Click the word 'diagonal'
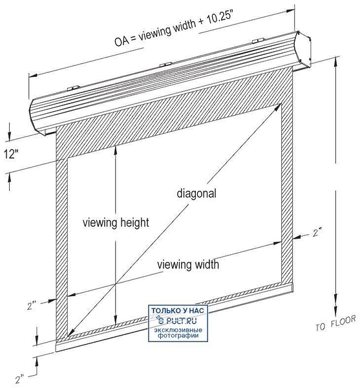coord(196,193)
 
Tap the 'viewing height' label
coord(116,222)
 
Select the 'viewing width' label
coord(188,264)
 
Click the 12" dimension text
coord(12,154)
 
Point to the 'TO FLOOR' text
coord(336,323)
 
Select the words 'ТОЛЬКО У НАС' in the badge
coord(178,310)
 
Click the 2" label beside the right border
coord(317,233)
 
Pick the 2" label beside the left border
coord(32,306)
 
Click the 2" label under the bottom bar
coord(20,379)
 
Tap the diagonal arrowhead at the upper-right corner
coord(279,107)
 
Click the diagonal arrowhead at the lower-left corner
coord(70,333)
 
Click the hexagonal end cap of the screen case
coord(303,50)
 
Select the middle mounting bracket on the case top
coord(165,65)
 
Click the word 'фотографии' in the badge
coord(178,336)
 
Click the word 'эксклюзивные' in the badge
coord(178,330)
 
